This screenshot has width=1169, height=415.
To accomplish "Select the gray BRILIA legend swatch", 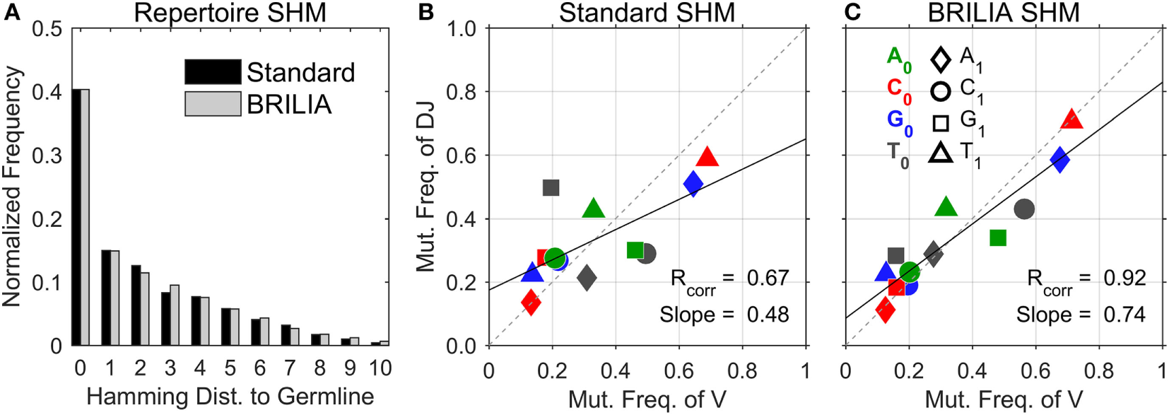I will (x=213, y=104).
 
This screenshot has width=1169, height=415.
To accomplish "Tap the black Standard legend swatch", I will (x=213, y=72).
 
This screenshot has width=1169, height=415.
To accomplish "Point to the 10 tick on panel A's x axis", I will (x=380, y=368).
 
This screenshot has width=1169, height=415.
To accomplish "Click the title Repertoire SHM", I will (x=230, y=13).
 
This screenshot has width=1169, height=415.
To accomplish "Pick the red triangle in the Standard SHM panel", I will (x=707, y=157).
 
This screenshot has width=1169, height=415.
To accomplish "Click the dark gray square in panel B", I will (x=551, y=187).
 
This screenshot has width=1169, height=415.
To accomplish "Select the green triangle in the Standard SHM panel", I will (x=594, y=209).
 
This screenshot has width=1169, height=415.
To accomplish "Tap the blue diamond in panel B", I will (x=693, y=185).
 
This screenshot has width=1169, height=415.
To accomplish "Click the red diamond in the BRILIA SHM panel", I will (x=885, y=310).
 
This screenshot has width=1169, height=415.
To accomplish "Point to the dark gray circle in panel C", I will (x=1024, y=209).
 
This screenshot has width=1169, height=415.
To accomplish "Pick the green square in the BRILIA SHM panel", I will (x=998, y=238).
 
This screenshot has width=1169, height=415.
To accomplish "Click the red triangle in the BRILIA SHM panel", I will (x=1071, y=119).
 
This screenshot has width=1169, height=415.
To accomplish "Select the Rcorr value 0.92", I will (x=1124, y=278).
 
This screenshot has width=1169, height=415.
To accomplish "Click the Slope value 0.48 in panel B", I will (x=768, y=315).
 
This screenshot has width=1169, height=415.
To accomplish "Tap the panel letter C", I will (x=853, y=12).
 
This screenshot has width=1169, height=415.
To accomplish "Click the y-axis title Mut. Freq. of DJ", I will (x=425, y=187).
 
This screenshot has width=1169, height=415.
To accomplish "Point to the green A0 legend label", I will (x=898, y=57).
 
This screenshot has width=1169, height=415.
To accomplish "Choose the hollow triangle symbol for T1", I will (x=940, y=153).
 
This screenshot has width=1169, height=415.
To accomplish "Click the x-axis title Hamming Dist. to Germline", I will (x=230, y=397).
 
